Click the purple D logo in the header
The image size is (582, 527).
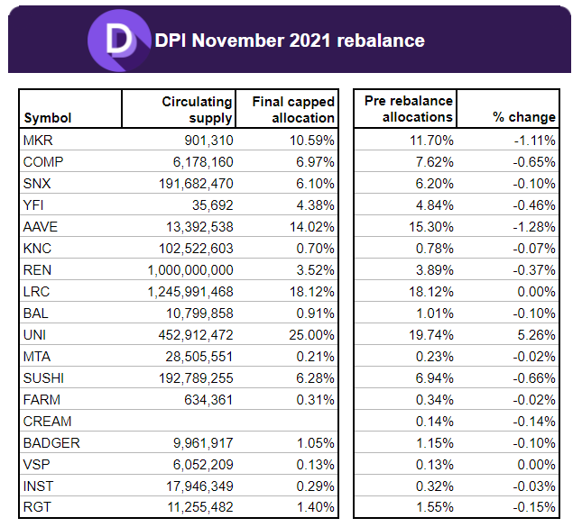[x=117, y=40]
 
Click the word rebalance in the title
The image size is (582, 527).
[x=375, y=41]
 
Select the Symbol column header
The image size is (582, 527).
[x=47, y=117]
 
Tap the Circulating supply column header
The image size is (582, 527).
[x=198, y=110]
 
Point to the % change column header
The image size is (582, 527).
[x=523, y=117]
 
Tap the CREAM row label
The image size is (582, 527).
[x=47, y=422]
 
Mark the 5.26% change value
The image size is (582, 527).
[x=536, y=335]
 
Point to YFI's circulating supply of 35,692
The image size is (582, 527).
[x=210, y=205]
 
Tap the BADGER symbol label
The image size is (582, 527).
[x=51, y=443]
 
